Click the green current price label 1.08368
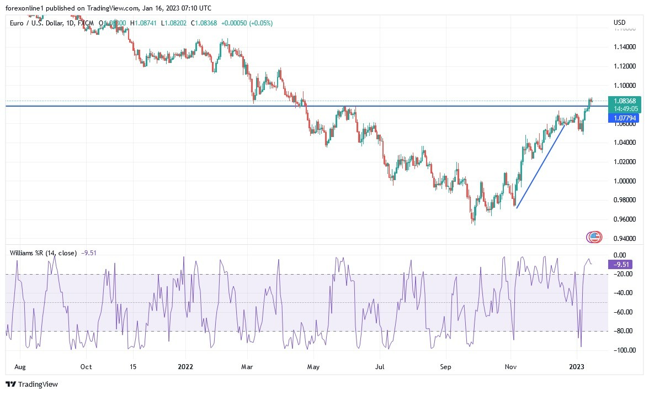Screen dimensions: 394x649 pyautogui.click(x=624, y=101)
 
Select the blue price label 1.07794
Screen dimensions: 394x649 pyautogui.click(x=624, y=118)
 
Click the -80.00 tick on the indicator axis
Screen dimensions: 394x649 pyautogui.click(x=624, y=331)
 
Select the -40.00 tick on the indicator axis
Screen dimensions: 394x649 pyautogui.click(x=624, y=293)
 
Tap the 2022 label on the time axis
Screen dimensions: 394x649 pyautogui.click(x=185, y=366)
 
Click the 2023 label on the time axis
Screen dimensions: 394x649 pyautogui.click(x=576, y=366)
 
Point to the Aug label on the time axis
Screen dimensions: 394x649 pyautogui.click(x=19, y=366)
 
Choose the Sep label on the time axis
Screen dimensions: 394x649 pyautogui.click(x=446, y=366)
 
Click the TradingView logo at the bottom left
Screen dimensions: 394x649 pyautogui.click(x=32, y=384)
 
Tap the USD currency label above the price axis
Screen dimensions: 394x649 pyautogui.click(x=619, y=23)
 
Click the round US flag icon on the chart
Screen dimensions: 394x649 pyautogui.click(x=594, y=237)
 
